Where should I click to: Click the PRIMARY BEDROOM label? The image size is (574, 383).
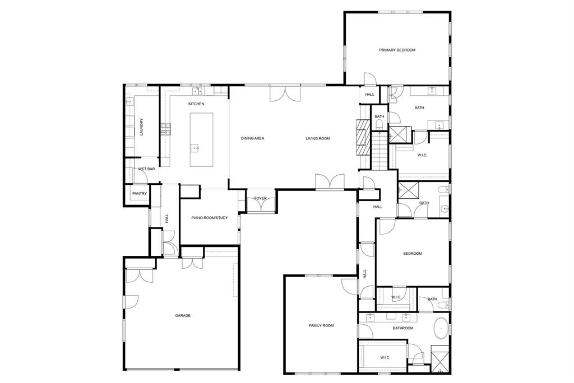[397, 50]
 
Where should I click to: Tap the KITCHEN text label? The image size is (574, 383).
[196, 104]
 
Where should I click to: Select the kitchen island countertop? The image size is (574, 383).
[201, 139]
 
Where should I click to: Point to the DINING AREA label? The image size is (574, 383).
[252, 138]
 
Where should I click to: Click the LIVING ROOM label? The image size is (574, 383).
[317, 138]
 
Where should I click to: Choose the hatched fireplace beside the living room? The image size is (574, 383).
[362, 137]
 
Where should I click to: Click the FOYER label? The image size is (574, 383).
[261, 198]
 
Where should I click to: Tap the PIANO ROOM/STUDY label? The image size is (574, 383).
[209, 218]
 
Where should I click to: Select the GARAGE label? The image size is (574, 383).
[183, 315]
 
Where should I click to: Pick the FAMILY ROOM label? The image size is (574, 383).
[321, 325]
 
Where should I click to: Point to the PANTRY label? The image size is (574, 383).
[140, 194]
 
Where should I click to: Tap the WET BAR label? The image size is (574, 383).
[147, 169]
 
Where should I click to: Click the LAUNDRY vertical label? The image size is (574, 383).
[142, 127]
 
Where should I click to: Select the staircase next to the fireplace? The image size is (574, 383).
[379, 151]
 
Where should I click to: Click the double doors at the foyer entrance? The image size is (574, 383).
[261, 207]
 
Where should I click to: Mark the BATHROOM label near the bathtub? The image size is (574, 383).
[402, 328]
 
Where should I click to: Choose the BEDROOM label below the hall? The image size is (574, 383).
[413, 254]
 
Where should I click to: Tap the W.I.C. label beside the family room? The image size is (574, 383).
[385, 357]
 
